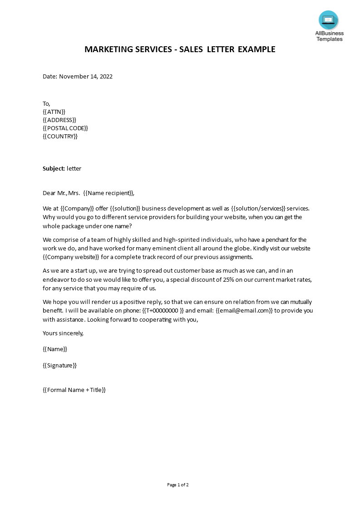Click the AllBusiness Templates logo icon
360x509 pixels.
328,20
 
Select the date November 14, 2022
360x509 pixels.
86,76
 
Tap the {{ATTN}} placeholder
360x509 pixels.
54,112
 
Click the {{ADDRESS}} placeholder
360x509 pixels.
59,120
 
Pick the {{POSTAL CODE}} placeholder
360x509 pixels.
65,128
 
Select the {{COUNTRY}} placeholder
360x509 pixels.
60,136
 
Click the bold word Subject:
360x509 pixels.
54,168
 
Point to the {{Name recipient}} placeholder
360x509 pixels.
109,193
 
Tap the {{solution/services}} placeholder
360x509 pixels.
258,208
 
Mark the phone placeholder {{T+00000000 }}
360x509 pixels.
163,311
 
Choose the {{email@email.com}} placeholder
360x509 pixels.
244,311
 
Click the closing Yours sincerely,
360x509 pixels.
63,333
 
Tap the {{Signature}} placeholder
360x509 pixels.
59,365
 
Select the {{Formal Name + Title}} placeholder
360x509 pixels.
74,390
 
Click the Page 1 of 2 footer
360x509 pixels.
178,485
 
